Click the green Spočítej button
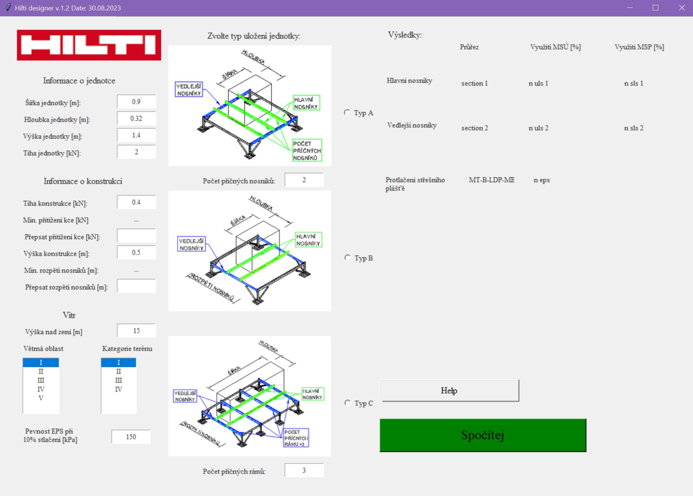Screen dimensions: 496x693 (482, 435)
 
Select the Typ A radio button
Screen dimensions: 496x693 (347, 112)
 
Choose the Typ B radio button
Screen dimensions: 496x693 (347, 258)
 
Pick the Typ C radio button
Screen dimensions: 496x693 (347, 403)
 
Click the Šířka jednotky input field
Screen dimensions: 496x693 (136, 102)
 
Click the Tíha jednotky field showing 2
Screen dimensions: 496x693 (136, 152)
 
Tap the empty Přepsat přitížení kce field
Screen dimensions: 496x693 (136, 236)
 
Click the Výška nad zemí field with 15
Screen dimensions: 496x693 (136, 331)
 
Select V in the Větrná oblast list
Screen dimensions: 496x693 (41, 398)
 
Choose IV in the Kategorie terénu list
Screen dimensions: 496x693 (118, 389)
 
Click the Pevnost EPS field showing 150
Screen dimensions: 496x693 (131, 436)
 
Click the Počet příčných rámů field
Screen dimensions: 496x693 (304, 470)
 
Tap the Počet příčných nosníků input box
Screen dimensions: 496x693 (304, 180)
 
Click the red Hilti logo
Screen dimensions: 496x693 (89, 45)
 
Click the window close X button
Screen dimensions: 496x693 (681, 8)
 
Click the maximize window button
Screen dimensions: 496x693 (655, 8)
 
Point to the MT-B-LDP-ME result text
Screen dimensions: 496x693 (491, 180)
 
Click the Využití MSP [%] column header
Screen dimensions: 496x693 (639, 47)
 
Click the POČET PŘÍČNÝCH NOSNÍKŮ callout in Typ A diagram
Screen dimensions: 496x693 (307, 150)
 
